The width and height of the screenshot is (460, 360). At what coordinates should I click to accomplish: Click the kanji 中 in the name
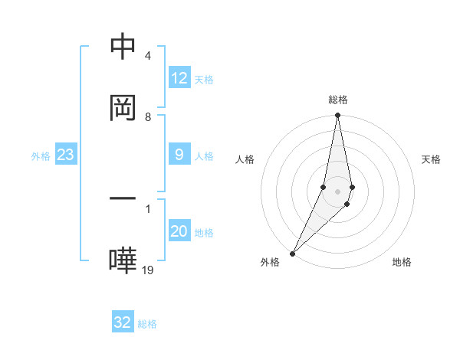123,47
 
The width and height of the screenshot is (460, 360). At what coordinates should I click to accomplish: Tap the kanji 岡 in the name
123,107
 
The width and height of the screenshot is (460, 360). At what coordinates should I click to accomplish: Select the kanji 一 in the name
123,199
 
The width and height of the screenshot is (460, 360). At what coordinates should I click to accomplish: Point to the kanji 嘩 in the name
123,260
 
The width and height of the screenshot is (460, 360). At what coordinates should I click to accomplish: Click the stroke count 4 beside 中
147,56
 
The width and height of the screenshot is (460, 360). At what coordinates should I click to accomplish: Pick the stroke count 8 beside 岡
147,116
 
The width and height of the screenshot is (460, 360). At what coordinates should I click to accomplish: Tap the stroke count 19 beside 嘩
148,270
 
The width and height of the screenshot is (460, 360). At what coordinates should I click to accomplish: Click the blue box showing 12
179,78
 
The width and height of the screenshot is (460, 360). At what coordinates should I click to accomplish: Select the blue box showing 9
179,155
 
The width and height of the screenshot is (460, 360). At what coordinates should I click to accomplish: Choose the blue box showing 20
179,232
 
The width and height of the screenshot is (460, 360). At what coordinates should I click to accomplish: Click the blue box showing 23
66,155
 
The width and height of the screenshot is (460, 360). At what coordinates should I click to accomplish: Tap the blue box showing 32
123,322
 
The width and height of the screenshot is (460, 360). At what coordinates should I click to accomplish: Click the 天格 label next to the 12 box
204,79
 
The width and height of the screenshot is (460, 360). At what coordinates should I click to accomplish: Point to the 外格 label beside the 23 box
41,156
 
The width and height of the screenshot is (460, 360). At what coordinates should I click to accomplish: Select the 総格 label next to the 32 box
147,323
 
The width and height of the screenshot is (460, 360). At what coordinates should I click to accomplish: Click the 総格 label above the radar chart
338,100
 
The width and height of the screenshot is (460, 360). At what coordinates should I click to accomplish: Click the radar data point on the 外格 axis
292,253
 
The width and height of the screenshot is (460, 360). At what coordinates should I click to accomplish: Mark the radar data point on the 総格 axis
337,116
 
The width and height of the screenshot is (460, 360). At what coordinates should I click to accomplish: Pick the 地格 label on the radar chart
402,262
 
